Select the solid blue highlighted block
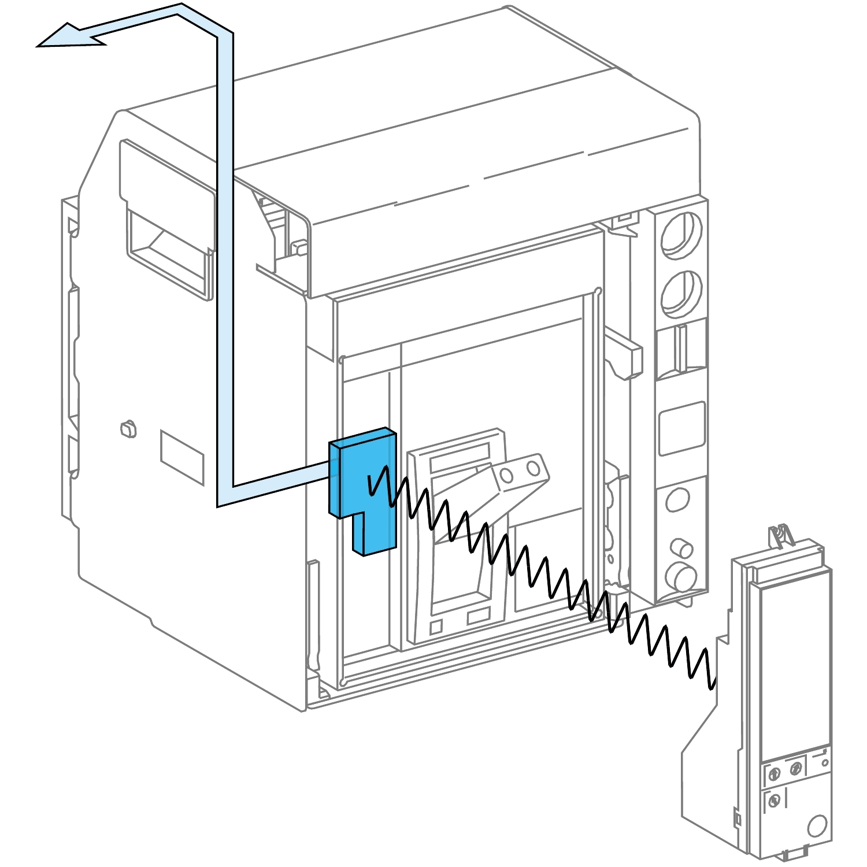click(x=361, y=486)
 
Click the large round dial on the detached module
click(x=817, y=825)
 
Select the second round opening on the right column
click(x=682, y=292)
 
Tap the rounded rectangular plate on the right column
click(x=682, y=428)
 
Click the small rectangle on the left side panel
click(x=182, y=457)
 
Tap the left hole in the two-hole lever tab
click(x=506, y=475)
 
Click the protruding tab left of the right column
click(x=627, y=356)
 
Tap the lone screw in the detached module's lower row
click(x=775, y=801)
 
